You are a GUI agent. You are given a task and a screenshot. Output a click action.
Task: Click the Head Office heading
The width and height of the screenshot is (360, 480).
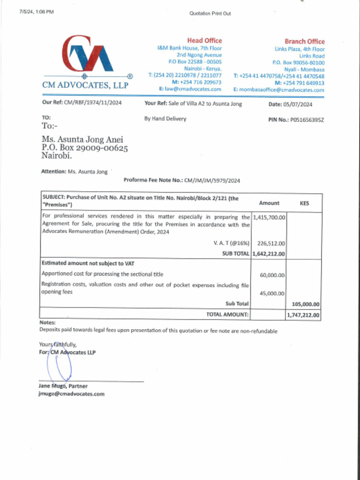(x=204, y=41)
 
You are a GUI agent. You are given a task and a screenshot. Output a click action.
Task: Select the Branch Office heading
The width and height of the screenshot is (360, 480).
(x=304, y=41)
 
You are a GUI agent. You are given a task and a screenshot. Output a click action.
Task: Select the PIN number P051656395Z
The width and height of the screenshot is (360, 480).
(x=307, y=120)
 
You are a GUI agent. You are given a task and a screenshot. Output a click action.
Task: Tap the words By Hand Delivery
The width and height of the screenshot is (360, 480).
(x=165, y=119)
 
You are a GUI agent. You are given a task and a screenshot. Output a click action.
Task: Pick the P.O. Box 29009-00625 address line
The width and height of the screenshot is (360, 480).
(x=84, y=148)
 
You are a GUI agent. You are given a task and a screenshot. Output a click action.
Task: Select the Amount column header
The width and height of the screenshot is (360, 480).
(x=269, y=203)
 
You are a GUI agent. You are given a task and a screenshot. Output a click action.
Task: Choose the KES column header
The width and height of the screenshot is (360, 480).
(x=304, y=203)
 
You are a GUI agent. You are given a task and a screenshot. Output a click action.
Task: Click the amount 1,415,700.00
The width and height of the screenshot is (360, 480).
(x=269, y=217)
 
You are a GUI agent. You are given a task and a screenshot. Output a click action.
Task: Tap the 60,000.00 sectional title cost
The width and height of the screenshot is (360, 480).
(x=272, y=276)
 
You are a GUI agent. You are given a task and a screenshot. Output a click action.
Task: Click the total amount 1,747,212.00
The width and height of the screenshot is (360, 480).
(x=303, y=315)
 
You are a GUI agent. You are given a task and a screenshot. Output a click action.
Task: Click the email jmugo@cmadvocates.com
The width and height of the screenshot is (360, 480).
(x=71, y=394)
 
